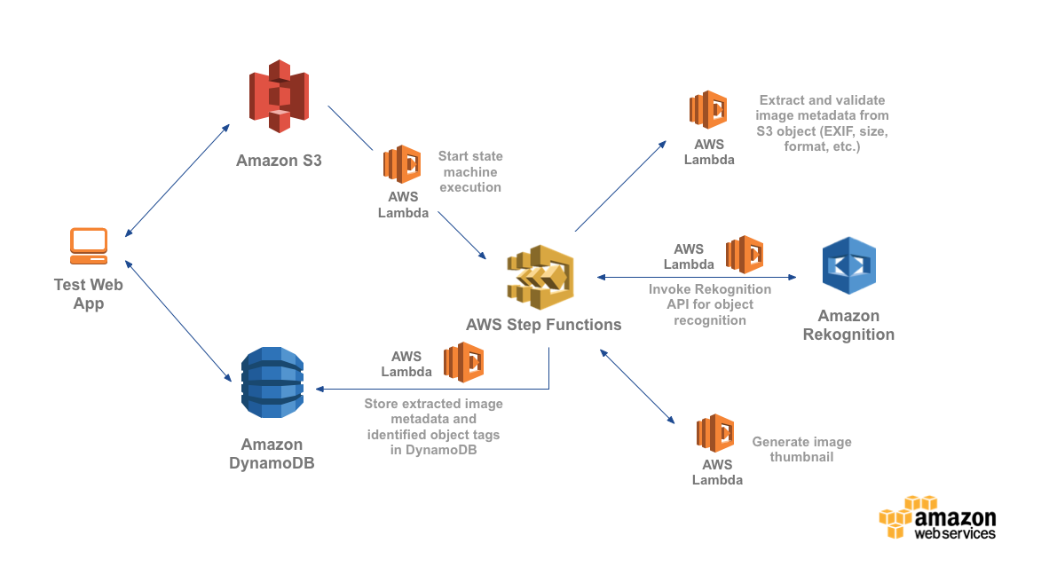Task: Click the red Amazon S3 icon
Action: (x=279, y=96)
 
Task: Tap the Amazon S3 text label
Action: (x=279, y=161)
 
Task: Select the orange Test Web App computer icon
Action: (x=89, y=246)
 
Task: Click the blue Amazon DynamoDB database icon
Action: (x=272, y=383)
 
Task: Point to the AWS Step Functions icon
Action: (x=540, y=276)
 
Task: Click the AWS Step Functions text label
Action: (x=543, y=325)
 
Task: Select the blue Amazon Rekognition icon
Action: (x=848, y=265)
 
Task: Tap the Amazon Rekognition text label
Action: (x=848, y=326)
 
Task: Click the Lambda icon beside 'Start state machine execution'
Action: (x=402, y=164)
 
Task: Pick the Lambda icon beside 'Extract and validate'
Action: (x=708, y=110)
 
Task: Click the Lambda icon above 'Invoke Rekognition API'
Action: (x=745, y=255)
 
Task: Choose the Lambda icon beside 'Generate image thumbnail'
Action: (x=715, y=434)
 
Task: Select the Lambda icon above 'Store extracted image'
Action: (x=463, y=362)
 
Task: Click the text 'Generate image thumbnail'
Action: (x=801, y=449)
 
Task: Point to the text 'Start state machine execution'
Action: (x=470, y=171)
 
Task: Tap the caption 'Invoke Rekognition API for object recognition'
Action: (x=710, y=304)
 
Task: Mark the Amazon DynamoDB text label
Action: (x=272, y=453)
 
